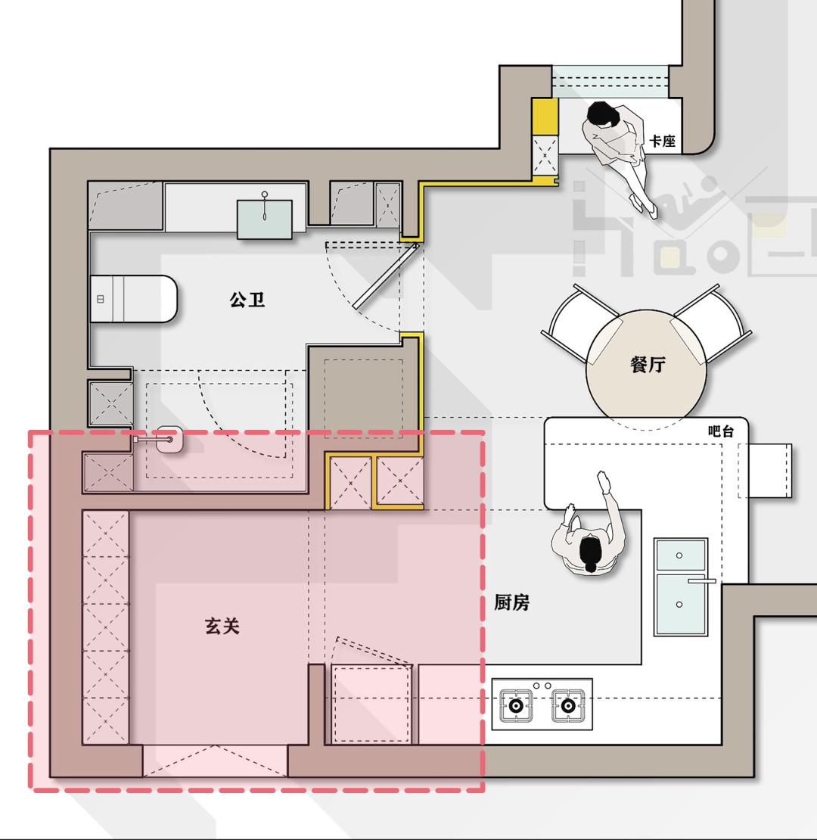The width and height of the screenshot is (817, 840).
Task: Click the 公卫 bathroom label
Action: (247, 300)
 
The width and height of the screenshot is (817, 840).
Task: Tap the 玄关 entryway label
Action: (222, 627)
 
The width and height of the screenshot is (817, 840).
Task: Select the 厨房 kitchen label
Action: (511, 603)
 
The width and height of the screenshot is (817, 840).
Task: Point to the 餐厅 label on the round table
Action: (648, 365)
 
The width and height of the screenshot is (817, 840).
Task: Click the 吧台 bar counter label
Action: (721, 431)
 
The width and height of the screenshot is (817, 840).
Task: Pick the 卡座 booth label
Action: (663, 141)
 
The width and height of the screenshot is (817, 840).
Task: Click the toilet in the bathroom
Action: (133, 299)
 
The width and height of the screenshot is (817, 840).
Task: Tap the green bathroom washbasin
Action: (265, 219)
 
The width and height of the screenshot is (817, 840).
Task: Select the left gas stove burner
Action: (516, 705)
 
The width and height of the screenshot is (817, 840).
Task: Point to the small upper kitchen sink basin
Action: (681, 555)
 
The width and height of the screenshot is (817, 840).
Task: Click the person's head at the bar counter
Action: (591, 555)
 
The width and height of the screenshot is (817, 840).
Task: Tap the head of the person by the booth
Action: (601, 115)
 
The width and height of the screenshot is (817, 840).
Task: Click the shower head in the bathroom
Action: (169, 439)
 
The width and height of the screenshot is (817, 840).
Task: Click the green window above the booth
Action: (610, 82)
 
